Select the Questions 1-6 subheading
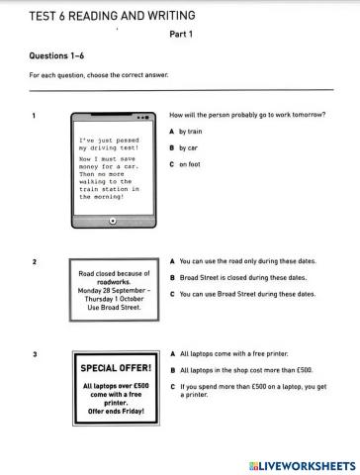click(55, 56)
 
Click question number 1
click(35, 115)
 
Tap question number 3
click(35, 353)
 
